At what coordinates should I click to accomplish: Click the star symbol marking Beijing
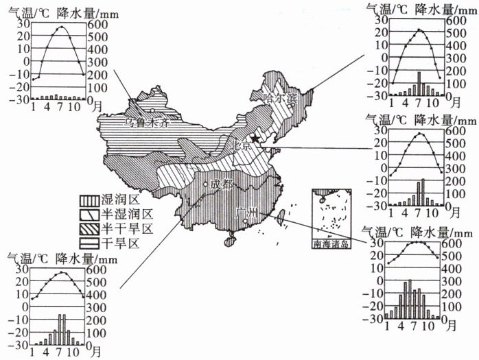(x=255, y=139)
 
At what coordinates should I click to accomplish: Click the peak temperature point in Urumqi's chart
(x=61, y=27)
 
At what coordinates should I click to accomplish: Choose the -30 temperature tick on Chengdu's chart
(x=19, y=344)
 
